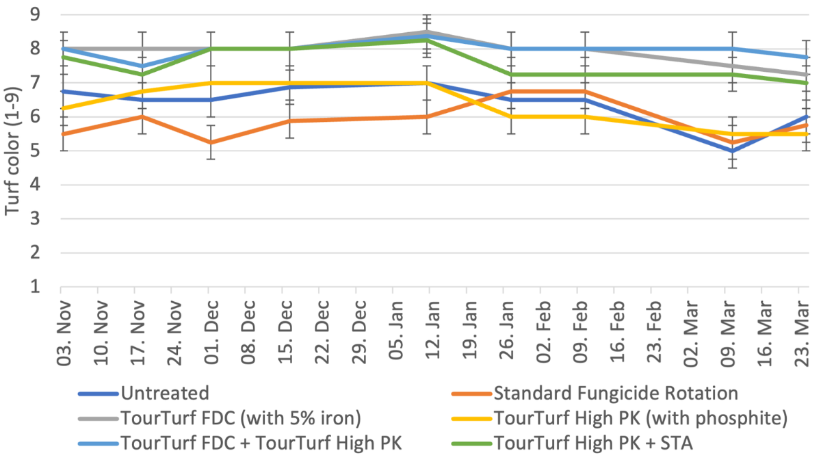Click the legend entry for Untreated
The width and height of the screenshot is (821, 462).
[164, 393]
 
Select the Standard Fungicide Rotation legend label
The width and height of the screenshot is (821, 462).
[615, 393]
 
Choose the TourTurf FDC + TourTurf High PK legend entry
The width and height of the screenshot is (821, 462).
[261, 444]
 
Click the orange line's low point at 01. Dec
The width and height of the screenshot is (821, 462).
[209, 142]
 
